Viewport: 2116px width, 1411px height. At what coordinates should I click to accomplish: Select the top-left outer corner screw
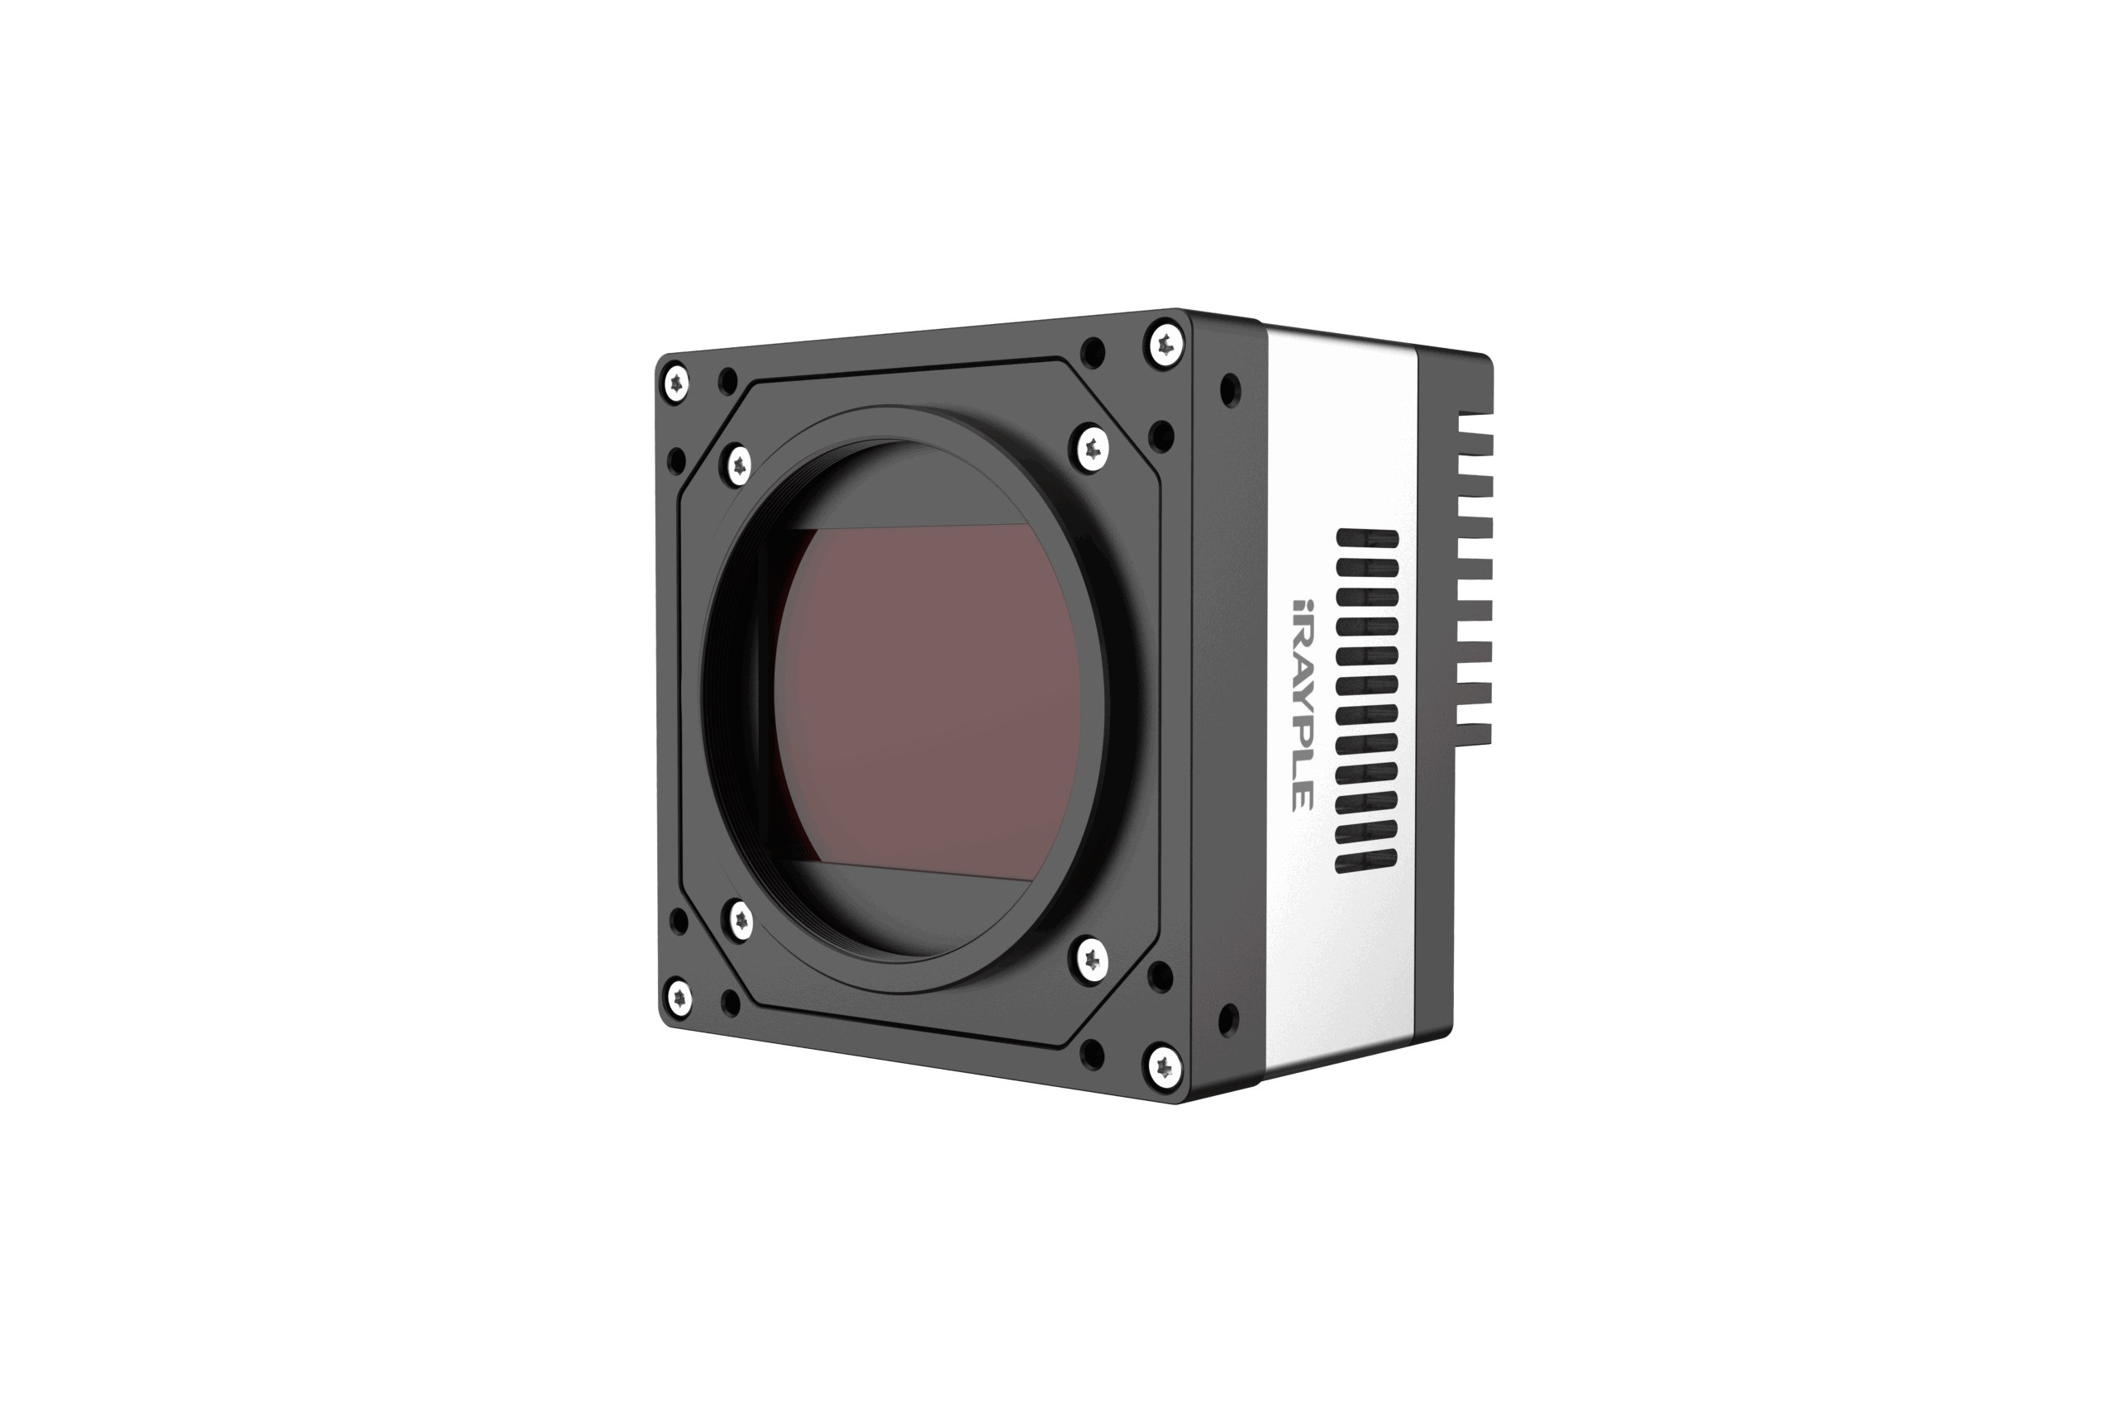pos(675,385)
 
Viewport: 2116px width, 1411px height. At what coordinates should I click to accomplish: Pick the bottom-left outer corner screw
pos(679,997)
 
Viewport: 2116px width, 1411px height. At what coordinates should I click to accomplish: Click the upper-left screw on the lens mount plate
pos(739,465)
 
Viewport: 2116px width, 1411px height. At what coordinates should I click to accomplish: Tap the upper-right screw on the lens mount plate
pos(1091,446)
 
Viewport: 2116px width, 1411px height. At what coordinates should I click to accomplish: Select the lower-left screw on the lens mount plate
pos(740,921)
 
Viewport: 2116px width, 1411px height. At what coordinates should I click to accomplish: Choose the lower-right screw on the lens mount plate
pos(1090,958)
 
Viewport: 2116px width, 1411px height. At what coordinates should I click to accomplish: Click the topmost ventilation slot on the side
pos(1367,538)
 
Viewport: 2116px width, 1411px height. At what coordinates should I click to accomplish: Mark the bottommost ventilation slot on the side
pos(1365,862)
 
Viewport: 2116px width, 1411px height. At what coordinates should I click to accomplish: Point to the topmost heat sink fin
pos(1475,419)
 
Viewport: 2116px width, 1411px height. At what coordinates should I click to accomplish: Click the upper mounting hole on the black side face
pos(1230,390)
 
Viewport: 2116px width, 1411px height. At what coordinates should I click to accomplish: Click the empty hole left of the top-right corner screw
pos(1092,353)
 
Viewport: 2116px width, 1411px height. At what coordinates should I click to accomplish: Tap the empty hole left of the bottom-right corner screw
pos(1092,1053)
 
